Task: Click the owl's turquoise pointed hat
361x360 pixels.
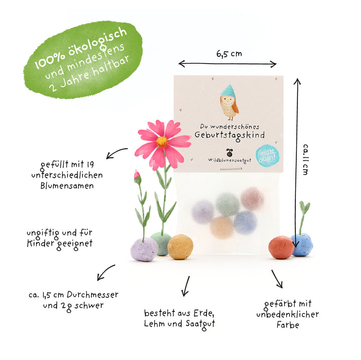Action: coord(228,91)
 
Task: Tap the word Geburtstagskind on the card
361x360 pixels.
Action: coord(230,136)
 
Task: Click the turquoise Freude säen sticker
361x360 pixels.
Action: coord(267,156)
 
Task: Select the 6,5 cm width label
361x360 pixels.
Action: coord(229,54)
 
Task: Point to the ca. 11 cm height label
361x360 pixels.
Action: coord(305,160)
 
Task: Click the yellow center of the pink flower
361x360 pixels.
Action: coord(162,142)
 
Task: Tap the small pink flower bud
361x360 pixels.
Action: coord(137,177)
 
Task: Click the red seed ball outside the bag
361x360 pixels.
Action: coord(281,247)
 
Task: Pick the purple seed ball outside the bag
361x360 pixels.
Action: coord(144,250)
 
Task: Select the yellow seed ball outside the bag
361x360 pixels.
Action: coord(180,247)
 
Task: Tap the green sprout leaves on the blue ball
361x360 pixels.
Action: coord(304,207)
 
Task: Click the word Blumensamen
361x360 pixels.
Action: coord(67,186)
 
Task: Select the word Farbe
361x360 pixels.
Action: coord(288,325)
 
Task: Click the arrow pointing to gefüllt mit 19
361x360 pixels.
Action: coord(117,153)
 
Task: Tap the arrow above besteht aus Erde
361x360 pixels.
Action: coord(186,286)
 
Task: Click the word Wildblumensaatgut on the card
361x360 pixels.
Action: coord(230,160)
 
